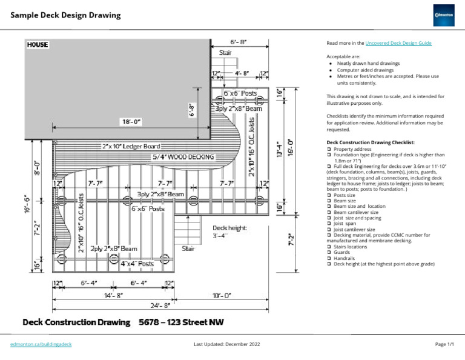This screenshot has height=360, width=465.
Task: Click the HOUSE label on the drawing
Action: [x=37, y=45]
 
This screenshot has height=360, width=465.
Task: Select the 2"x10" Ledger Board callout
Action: [x=131, y=147]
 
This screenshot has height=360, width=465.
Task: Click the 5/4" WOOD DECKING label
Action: [x=183, y=157]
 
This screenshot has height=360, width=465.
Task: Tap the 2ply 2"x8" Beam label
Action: [x=113, y=248]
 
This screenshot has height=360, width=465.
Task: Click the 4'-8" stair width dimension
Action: [x=240, y=73]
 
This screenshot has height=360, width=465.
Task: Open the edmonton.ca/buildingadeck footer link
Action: [x=41, y=344]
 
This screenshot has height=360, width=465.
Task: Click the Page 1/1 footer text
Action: [x=444, y=344]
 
